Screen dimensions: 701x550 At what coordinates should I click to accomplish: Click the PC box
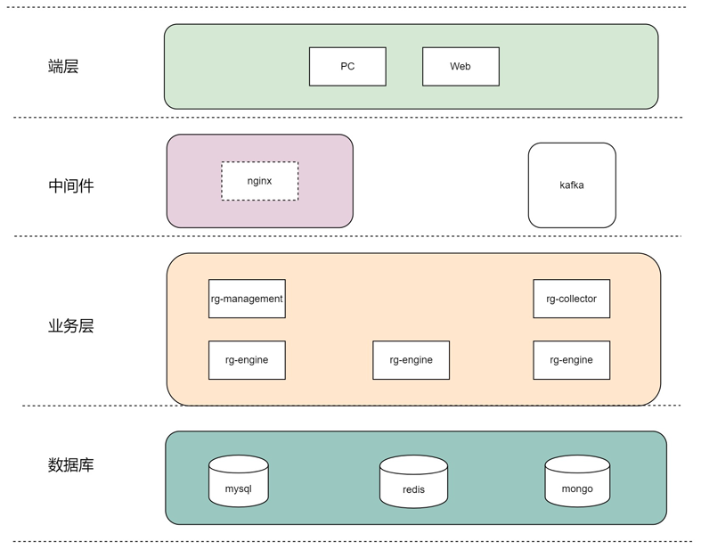click(347, 66)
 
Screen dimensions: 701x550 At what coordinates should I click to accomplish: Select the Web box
click(461, 66)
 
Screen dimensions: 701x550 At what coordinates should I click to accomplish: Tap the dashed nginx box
click(259, 181)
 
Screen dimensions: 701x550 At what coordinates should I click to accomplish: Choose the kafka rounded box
click(572, 185)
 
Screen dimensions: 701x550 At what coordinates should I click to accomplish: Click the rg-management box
click(247, 299)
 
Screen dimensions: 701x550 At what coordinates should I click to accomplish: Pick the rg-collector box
click(571, 299)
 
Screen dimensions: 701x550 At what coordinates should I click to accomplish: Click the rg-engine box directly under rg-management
click(247, 360)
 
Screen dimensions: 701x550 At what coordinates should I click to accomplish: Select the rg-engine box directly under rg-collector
click(571, 360)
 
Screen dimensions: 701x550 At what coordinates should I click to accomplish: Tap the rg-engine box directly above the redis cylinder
click(411, 360)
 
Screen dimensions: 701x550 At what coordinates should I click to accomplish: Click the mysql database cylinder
click(239, 481)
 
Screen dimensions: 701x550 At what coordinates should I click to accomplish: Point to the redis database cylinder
click(413, 481)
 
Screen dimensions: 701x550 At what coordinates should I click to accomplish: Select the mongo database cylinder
click(577, 481)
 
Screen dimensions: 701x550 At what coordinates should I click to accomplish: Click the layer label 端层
click(63, 66)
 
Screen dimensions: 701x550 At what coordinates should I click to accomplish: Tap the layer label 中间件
click(70, 185)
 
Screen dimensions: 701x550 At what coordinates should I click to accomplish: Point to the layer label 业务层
click(70, 325)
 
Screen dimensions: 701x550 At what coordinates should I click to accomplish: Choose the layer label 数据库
click(70, 465)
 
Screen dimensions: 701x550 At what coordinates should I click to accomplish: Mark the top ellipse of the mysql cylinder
click(239, 464)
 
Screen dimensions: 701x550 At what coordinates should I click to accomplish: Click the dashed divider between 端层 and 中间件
click(347, 118)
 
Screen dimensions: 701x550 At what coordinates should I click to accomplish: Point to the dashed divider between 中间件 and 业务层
click(347, 236)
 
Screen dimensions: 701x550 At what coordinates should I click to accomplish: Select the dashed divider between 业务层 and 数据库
click(352, 406)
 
